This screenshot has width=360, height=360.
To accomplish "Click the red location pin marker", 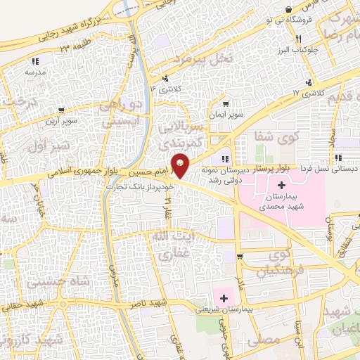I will (x=181, y=166).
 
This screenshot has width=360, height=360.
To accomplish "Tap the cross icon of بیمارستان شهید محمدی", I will (x=282, y=186).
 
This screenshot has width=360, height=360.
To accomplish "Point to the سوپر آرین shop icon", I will (x=63, y=110).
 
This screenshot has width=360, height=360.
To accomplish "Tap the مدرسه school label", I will (x=35, y=72).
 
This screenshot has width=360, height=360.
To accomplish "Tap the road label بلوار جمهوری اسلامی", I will (x=77, y=171).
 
